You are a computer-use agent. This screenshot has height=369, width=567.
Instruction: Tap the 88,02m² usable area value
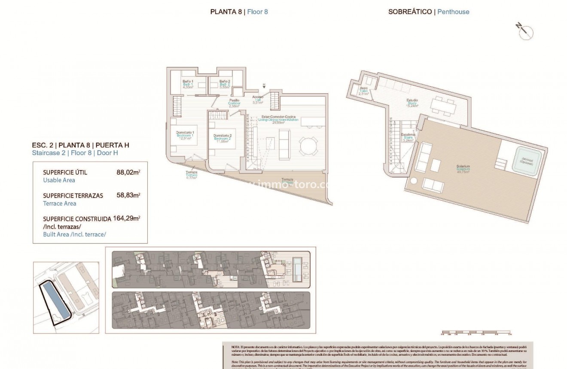pyautogui.click(x=128, y=172)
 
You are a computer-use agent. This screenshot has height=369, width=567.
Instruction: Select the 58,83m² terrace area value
pyautogui.click(x=128, y=195)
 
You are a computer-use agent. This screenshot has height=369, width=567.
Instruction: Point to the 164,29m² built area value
pyautogui.click(x=127, y=218)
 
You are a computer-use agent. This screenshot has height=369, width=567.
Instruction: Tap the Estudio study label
pyautogui.click(x=412, y=102)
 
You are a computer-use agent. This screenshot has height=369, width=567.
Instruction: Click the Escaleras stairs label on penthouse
pyautogui.click(x=408, y=137)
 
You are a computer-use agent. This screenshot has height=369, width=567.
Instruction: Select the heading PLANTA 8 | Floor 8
pyautogui.click(x=239, y=12)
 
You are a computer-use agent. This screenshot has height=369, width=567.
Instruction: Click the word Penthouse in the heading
pyautogui.click(x=453, y=12)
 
